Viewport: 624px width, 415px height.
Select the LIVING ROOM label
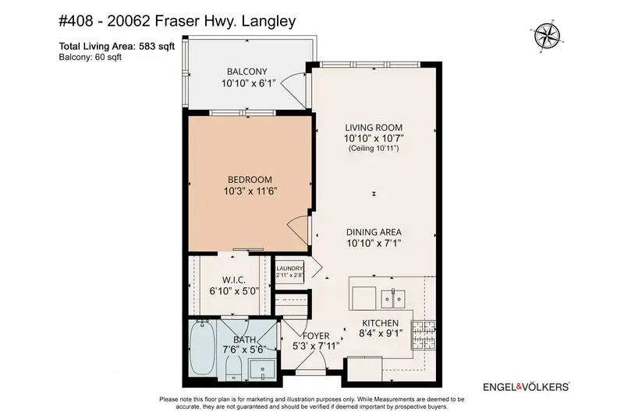374,126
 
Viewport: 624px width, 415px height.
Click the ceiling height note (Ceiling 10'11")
374,148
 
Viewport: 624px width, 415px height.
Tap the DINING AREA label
374,230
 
